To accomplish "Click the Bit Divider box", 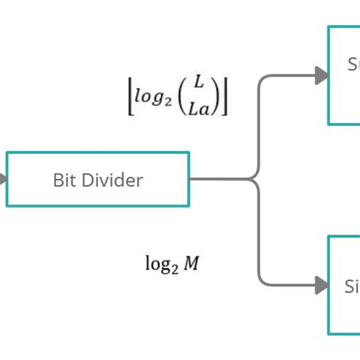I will click(x=97, y=179).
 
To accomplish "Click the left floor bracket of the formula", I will click(x=131, y=96).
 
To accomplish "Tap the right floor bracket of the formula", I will click(x=226, y=96).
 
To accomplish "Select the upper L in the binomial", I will click(x=199, y=83).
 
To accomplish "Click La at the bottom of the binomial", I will click(x=200, y=109).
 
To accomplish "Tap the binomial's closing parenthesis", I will click(x=218, y=96).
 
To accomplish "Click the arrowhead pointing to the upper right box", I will click(x=322, y=74).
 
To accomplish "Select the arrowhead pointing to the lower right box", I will click(x=322, y=286).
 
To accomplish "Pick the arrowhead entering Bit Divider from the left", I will click(x=3, y=179).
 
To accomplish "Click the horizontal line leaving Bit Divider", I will click(x=220, y=180).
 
